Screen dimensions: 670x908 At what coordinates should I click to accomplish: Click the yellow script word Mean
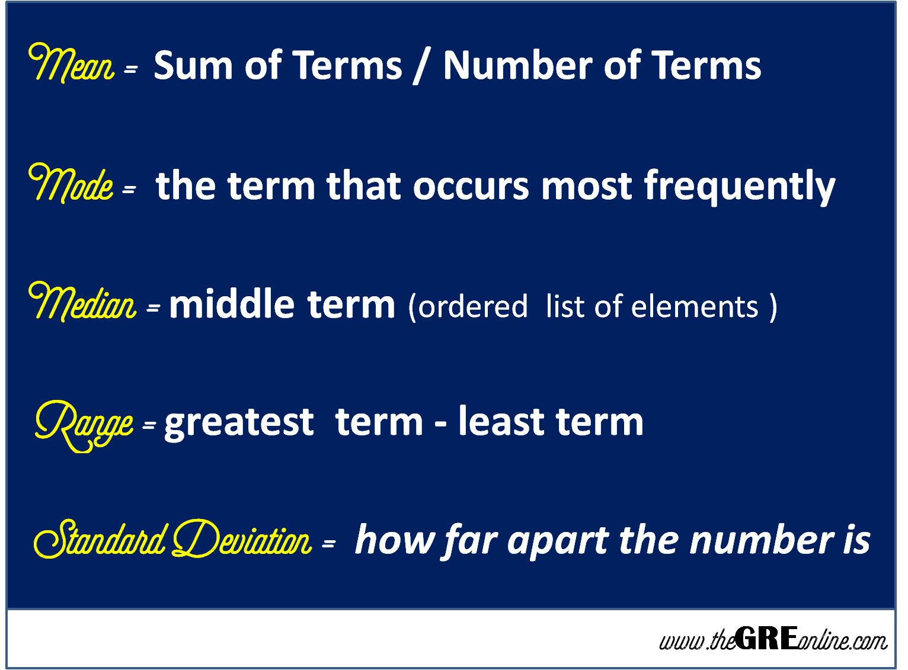72,63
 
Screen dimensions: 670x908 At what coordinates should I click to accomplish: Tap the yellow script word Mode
71,183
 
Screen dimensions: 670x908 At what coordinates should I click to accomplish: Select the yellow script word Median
82,303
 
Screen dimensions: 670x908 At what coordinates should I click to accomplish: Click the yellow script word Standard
100,540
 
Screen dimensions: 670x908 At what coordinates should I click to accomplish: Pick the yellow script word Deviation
242,540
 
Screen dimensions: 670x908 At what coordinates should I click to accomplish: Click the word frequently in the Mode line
739,187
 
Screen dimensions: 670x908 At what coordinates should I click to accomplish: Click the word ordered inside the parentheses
473,307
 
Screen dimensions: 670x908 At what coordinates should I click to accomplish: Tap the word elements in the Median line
695,307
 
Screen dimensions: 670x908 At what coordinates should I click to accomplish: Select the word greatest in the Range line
239,423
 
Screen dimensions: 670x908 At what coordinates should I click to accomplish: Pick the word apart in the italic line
558,541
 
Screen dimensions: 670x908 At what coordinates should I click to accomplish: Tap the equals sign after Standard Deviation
328,543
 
